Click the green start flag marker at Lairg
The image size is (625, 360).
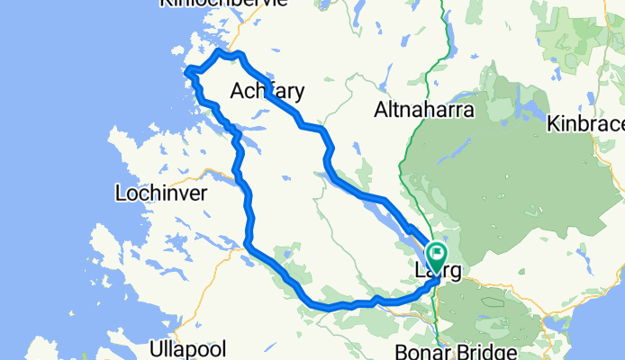pyautogui.click(x=437, y=253)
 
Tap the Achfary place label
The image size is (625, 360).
pyautogui.click(x=267, y=91)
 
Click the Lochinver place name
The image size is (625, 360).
pyautogui.click(x=162, y=193)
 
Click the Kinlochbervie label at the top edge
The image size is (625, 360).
pyautogui.click(x=222, y=4)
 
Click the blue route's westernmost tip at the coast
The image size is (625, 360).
pyautogui.click(x=186, y=72)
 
